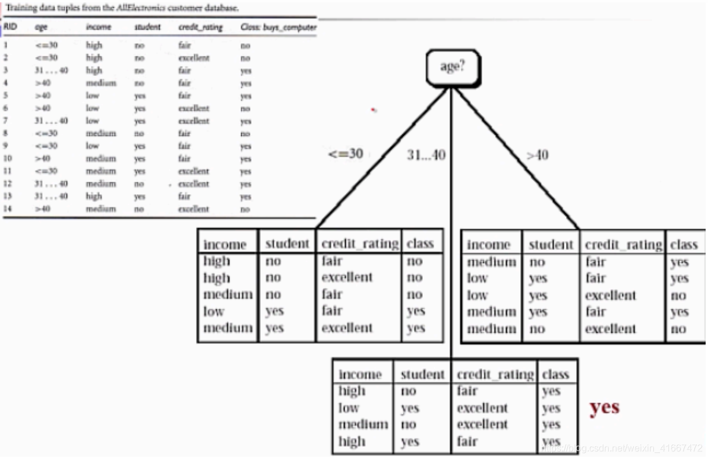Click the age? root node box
pyautogui.click(x=453, y=67)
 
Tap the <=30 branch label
pyautogui.click(x=346, y=154)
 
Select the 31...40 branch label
pyautogui.click(x=425, y=155)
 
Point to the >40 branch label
pyautogui.click(x=537, y=155)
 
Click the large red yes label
pyautogui.click(x=604, y=407)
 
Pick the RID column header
pyautogui.click(x=10, y=27)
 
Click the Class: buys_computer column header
pyautogui.click(x=279, y=27)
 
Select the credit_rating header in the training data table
pyautogui.click(x=200, y=27)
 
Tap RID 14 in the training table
pyautogui.click(x=7, y=209)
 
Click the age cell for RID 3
pyautogui.click(x=51, y=71)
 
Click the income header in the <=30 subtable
pyautogui.click(x=225, y=245)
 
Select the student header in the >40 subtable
pyautogui.click(x=551, y=245)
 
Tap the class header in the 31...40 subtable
pyautogui.click(x=555, y=375)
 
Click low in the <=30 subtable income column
pyautogui.click(x=214, y=311)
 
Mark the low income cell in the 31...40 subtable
pyautogui.click(x=349, y=408)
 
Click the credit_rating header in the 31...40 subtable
pyautogui.click(x=495, y=375)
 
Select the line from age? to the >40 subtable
pyautogui.click(x=517, y=159)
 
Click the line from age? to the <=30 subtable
pyautogui.click(x=383, y=159)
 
